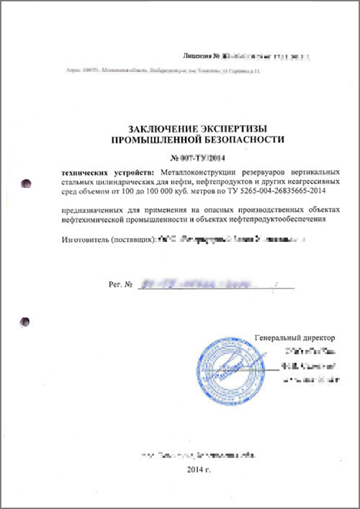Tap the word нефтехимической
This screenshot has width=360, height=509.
[94, 220]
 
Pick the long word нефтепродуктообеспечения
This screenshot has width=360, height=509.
[276, 220]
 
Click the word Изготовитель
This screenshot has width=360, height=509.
[84, 240]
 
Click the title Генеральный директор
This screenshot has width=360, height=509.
[295, 337]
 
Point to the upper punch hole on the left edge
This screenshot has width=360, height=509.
[26, 182]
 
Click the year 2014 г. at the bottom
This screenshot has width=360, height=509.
[200, 468]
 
